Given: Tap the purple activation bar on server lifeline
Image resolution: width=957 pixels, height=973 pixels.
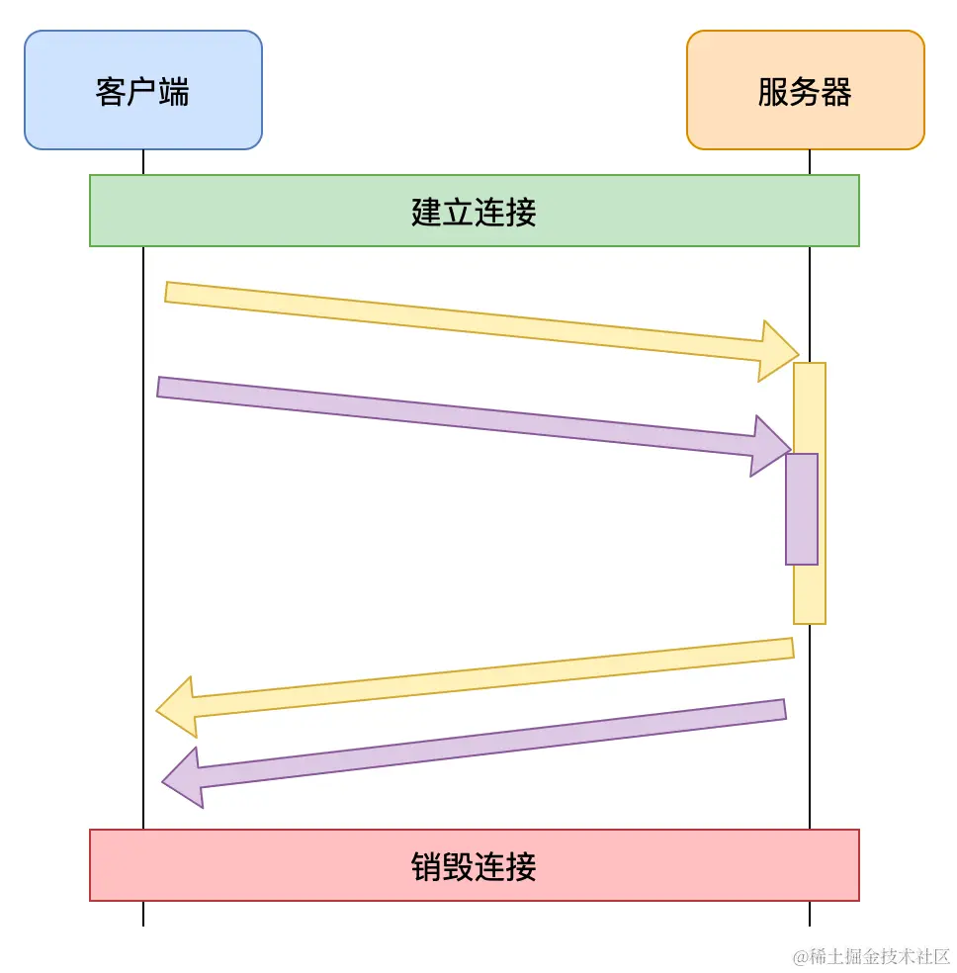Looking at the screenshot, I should (802, 509).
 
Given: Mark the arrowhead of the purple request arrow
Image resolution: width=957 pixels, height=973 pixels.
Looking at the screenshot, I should (770, 446).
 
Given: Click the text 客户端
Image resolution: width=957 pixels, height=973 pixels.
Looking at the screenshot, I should (142, 91).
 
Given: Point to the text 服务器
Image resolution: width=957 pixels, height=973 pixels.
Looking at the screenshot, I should (805, 91).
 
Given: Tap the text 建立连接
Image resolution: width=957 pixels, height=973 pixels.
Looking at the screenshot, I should (474, 212).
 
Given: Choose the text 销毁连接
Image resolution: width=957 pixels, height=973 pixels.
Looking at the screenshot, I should (474, 866).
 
